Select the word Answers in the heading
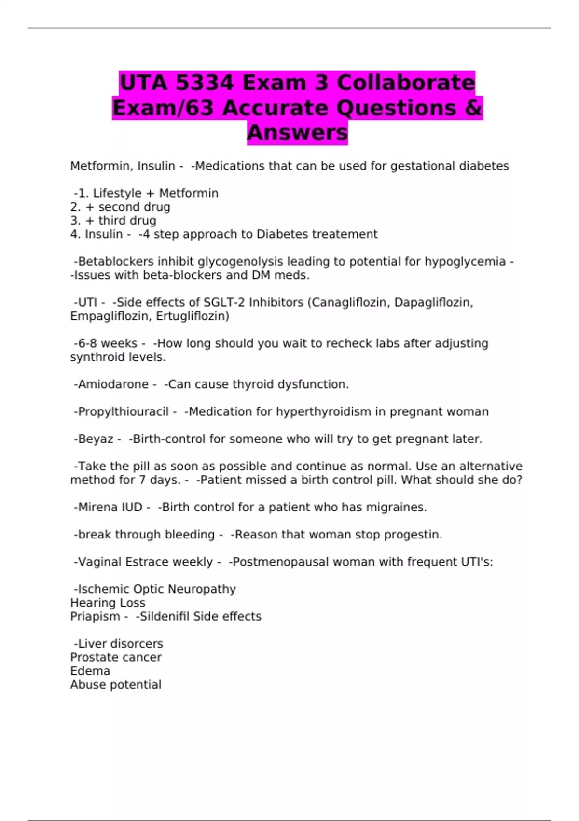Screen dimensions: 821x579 297,132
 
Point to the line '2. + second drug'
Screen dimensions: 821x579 120,207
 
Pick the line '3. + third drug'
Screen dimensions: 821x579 113,221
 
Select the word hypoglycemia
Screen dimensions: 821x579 465,262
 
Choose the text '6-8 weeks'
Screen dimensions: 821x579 108,343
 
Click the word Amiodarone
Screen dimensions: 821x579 113,384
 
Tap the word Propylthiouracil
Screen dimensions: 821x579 123,412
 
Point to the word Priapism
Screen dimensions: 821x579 95,617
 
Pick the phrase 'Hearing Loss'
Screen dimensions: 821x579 108,603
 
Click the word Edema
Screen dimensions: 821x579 90,671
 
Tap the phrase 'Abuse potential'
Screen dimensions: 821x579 116,685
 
